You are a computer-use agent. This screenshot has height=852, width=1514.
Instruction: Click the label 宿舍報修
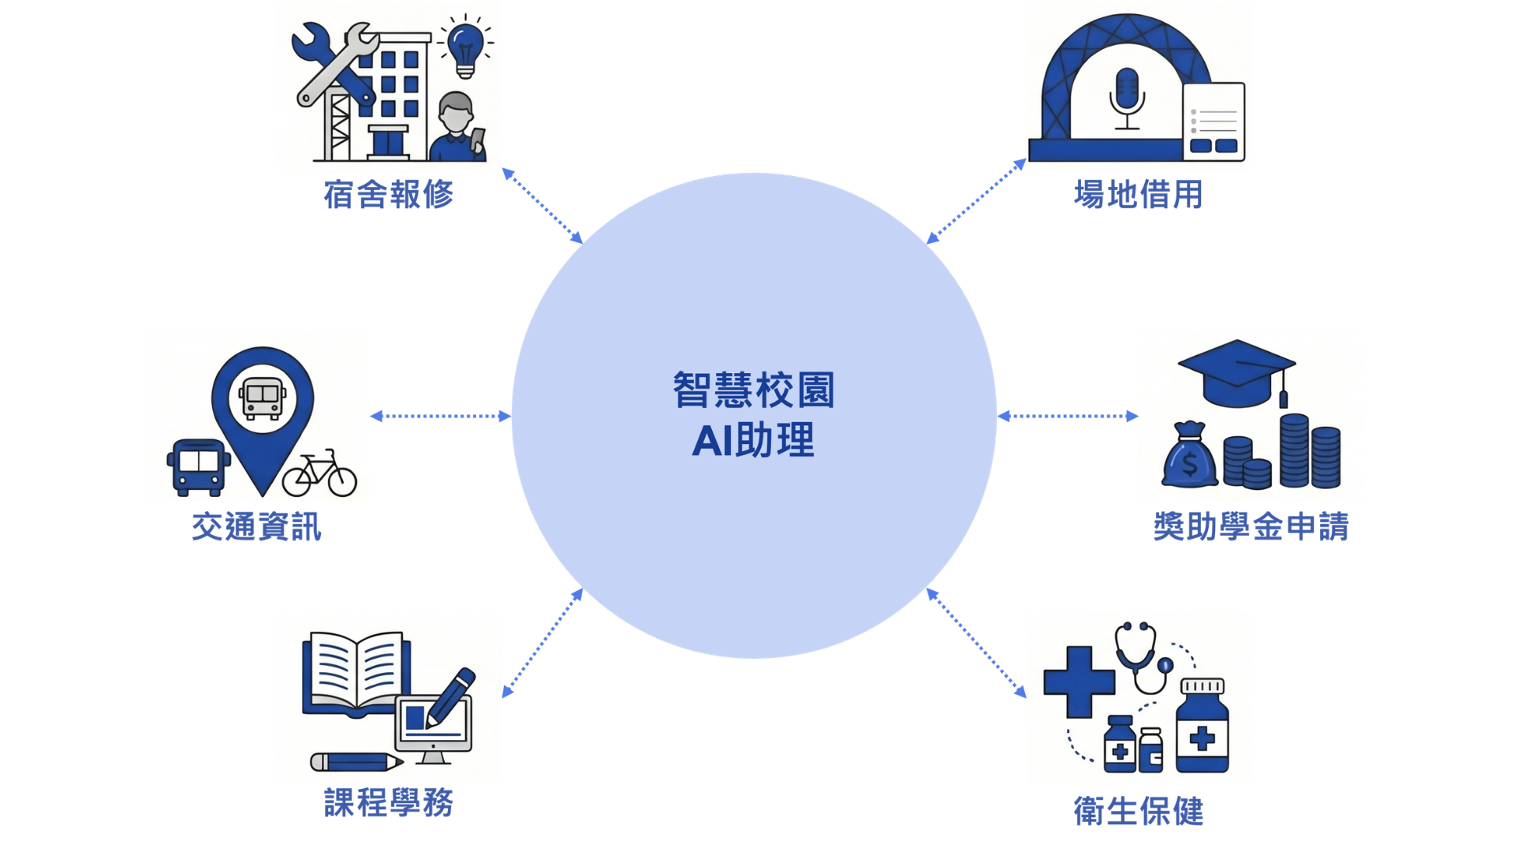[389, 194]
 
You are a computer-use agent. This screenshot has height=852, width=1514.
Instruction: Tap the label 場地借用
[1138, 194]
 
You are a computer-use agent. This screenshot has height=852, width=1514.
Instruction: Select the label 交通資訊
[257, 526]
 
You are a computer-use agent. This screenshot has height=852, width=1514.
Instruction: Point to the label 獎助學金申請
[1251, 526]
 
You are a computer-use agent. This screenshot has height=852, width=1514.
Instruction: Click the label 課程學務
[389, 802]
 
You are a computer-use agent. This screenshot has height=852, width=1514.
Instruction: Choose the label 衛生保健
[1138, 811]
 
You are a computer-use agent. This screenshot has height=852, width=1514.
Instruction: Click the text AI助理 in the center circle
[753, 440]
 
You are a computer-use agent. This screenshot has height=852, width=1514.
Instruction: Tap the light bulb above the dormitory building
[465, 48]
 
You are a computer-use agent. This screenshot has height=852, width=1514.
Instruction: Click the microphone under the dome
[1127, 99]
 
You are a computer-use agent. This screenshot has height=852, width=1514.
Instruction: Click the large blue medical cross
[1079, 682]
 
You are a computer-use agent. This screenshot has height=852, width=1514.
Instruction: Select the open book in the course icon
[356, 672]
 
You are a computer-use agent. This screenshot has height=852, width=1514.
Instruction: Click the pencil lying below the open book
[356, 762]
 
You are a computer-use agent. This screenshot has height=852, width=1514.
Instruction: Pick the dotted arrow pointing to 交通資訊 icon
[441, 416]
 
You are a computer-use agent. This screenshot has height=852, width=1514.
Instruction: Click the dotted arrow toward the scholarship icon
[1068, 416]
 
